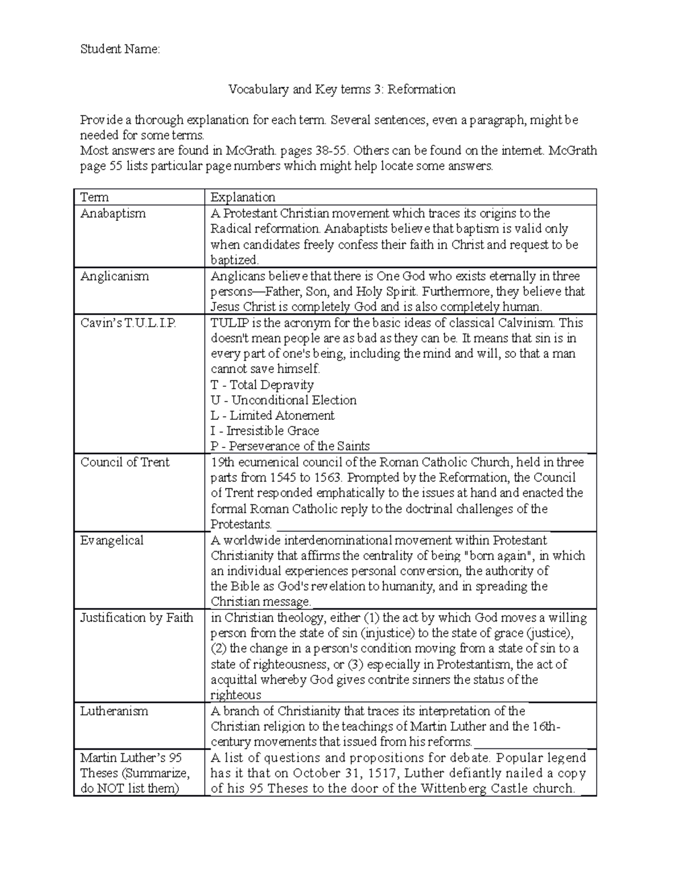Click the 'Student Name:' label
120,50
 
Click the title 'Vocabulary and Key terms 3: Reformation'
341,89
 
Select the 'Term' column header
95,197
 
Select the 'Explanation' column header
243,197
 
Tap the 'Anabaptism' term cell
113,213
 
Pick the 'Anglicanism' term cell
115,276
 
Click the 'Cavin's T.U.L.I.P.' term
128,323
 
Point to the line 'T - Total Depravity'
262,385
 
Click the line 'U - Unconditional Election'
283,400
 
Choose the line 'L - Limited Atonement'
272,415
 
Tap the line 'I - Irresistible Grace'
264,431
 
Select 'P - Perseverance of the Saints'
290,446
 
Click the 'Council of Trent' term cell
125,462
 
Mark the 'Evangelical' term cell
112,540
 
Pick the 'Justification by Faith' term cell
137,618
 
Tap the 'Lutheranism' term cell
114,711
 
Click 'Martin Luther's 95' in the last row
131,758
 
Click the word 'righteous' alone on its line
235,695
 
